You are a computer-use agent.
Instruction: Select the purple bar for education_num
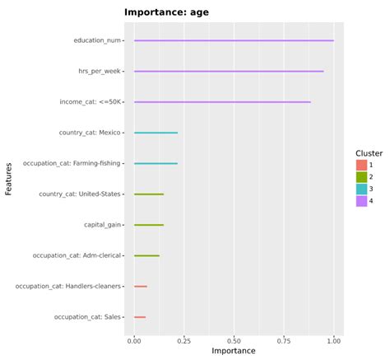[234, 40]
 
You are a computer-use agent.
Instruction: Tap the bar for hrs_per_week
[229, 72]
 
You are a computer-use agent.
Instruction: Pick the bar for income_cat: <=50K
[222, 102]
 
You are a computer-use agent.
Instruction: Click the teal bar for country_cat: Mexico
[156, 133]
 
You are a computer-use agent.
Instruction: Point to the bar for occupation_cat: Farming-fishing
[156, 163]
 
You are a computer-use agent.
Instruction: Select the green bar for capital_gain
[149, 225]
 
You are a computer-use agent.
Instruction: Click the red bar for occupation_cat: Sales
[140, 317]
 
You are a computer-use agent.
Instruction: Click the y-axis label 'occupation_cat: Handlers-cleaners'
[68, 287]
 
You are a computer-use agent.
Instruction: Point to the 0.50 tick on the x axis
[234, 339]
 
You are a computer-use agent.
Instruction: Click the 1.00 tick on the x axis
[333, 339]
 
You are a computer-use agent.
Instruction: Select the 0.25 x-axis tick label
[183, 339]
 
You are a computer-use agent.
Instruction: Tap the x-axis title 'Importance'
[234, 351]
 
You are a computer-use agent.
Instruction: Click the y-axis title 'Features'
[9, 179]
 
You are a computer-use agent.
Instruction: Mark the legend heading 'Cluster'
[369, 153]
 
